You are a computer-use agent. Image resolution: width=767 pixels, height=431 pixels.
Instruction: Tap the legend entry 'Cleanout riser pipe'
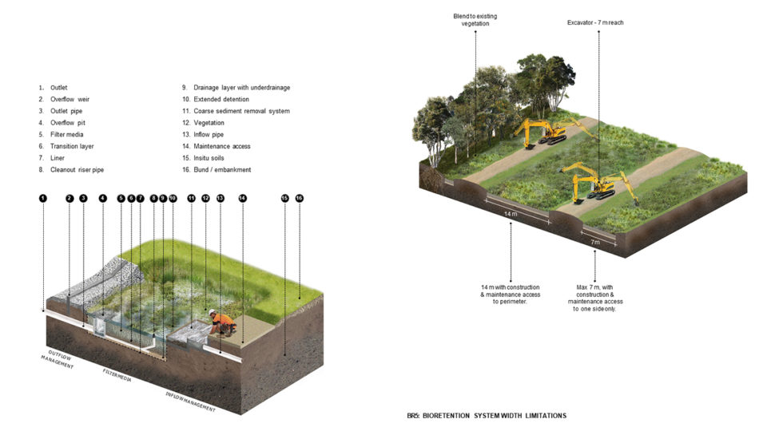tap(77, 170)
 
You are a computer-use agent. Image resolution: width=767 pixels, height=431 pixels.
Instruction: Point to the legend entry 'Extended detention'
tap(216, 98)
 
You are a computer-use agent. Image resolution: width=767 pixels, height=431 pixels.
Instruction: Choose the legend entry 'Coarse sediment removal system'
tap(236, 111)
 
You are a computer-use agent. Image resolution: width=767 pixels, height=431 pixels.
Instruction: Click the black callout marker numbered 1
tap(43, 197)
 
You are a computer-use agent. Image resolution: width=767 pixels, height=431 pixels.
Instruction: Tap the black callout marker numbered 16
tap(300, 197)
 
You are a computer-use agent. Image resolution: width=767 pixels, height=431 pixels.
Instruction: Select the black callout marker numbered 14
tap(243, 197)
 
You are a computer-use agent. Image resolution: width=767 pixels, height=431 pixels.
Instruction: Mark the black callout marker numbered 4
tap(102, 197)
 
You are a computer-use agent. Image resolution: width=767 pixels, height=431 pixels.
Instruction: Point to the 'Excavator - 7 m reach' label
tap(590, 22)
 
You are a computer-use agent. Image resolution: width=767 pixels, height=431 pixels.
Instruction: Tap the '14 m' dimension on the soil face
tap(511, 215)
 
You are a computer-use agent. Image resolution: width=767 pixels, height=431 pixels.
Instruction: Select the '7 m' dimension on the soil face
tap(594, 240)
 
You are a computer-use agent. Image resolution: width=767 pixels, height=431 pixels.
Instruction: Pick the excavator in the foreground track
tap(594, 182)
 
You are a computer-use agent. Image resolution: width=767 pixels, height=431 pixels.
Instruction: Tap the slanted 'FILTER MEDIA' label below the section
tap(117, 377)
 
